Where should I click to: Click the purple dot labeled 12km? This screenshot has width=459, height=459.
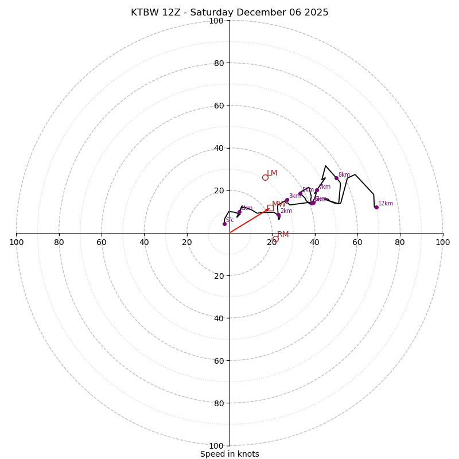coord(376,207)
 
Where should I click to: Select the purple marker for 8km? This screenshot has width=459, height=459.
coord(336,178)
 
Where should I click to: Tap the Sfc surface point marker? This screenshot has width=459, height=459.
coord(224,224)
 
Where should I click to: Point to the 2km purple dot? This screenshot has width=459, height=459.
coord(278,215)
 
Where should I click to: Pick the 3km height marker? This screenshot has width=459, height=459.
coord(287,200)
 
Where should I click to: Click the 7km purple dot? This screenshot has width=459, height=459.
coord(317,190)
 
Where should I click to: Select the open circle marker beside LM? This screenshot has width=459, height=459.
coord(265,177)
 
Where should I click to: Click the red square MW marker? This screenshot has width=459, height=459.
coord(270,208)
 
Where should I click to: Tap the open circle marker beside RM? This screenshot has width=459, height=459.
coord(275,239)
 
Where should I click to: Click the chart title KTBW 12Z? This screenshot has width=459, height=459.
coord(229,13)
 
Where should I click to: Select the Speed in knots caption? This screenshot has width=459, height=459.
coord(229,454)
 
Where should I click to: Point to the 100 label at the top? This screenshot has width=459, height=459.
coord(216,21)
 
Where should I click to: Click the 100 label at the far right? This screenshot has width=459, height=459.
coord(442,242)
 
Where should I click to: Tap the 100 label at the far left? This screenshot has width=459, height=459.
coord(17,242)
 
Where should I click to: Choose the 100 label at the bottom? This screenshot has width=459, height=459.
coord(216,446)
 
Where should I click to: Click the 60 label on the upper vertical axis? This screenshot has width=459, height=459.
coord(219,106)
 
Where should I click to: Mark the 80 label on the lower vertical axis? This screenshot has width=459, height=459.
coord(219,403)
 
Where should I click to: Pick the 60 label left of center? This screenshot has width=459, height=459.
coord(102,242)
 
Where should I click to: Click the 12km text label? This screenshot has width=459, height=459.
coord(386,204)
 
